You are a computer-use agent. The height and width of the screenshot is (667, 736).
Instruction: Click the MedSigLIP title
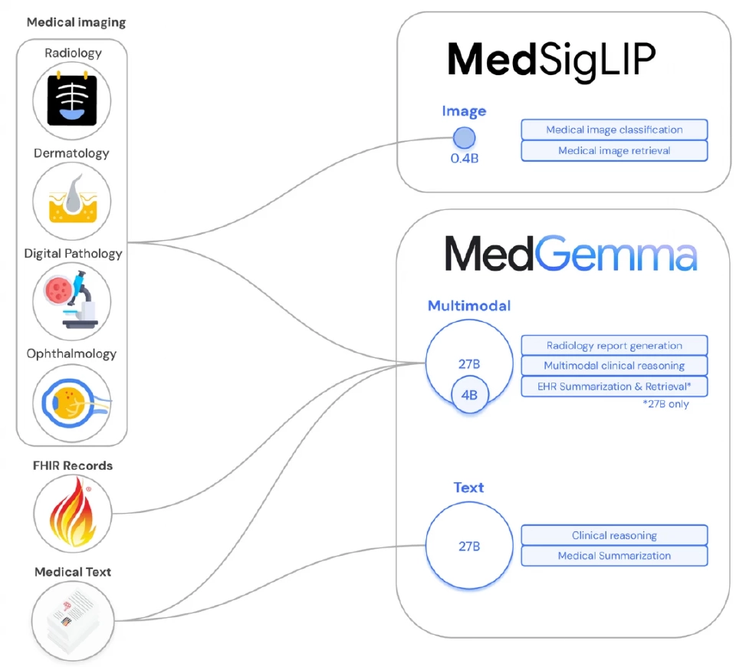point(551,60)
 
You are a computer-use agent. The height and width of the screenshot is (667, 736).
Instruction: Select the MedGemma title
point(571,254)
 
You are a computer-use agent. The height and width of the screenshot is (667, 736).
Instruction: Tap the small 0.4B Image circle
point(464,138)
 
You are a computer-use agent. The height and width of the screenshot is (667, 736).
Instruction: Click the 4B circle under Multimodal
point(469,396)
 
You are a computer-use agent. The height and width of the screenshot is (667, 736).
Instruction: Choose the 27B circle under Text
point(469,546)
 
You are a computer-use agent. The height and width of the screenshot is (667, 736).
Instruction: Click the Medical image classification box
point(614,130)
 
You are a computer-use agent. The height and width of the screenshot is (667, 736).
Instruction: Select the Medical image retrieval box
point(614,150)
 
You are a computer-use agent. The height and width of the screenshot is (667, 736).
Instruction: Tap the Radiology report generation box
point(614,346)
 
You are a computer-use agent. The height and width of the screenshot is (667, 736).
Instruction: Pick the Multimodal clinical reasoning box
point(614,366)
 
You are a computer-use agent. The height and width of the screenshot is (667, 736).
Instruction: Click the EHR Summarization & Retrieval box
point(614,386)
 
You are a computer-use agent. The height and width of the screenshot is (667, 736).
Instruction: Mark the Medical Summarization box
point(614,556)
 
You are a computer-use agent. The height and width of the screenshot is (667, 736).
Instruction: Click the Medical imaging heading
point(76,22)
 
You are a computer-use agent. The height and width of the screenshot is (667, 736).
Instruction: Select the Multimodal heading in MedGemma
point(468,306)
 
